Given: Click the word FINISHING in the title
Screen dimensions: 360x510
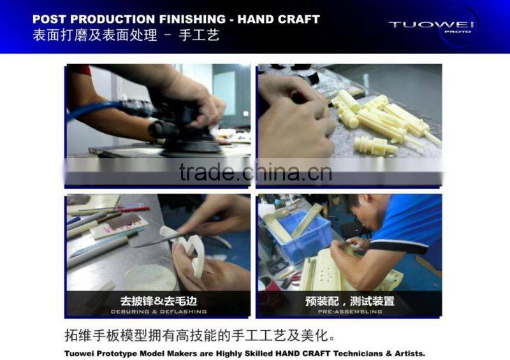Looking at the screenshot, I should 193,19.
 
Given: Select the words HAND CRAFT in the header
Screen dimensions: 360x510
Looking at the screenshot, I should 279,19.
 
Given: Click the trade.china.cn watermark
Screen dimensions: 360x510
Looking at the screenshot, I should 255,172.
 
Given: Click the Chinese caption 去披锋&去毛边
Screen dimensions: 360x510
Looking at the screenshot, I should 158,301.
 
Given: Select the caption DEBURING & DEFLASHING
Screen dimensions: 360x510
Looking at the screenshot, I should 158,312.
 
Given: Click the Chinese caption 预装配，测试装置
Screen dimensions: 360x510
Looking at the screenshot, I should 349,301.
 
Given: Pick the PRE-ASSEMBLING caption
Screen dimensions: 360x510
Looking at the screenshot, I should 349,312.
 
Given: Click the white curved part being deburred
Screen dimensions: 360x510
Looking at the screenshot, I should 191,252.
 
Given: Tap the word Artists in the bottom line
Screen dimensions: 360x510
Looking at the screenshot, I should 406,353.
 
